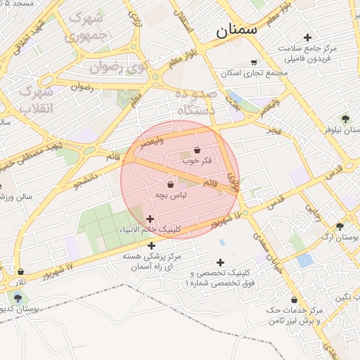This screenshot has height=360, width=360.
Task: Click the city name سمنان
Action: pos(237,30)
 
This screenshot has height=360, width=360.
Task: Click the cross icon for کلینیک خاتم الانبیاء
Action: pos(150,219)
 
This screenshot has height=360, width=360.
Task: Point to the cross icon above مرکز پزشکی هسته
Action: pos(153,245)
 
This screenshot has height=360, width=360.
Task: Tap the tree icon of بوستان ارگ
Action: pos(340,226)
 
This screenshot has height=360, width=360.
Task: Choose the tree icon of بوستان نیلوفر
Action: pos(345,119)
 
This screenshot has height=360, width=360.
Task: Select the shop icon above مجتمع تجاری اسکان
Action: pos(254,63)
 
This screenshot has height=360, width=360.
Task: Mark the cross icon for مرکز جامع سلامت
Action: pos(307,37)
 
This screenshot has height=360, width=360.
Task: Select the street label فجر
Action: pos(274,131)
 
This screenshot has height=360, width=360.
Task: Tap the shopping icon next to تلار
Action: pos(21,271)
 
